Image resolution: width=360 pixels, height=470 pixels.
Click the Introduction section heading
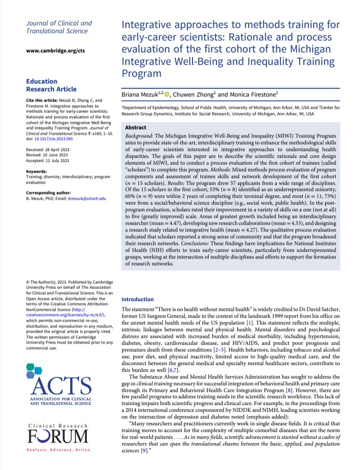point(137,299)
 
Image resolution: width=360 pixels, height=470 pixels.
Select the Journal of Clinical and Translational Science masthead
point(58,27)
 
